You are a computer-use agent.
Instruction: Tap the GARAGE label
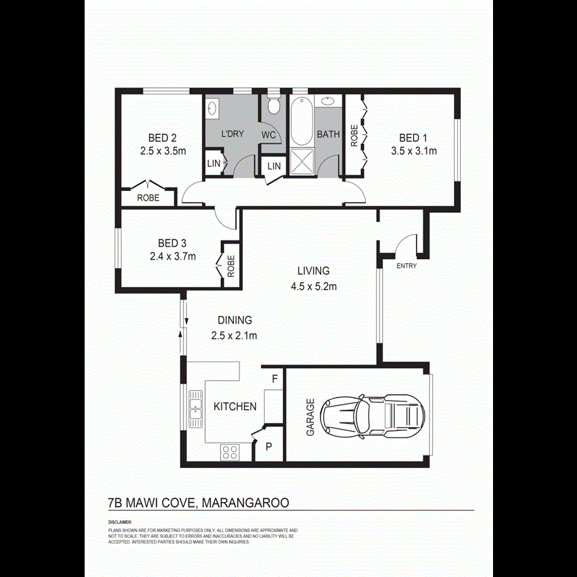[x=310, y=417]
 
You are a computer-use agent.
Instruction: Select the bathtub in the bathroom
[x=300, y=122]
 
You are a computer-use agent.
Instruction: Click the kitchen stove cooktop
[x=230, y=452]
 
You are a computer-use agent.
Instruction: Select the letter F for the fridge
[x=275, y=379]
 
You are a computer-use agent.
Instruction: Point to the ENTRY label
[x=406, y=265]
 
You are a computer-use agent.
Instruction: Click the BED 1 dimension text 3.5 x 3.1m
[x=414, y=151]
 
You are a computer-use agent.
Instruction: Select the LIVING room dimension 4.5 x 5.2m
[x=314, y=287]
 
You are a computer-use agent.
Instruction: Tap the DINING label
[x=234, y=321]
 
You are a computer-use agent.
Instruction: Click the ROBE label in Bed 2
[x=149, y=198]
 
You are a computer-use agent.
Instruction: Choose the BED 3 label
[x=172, y=243]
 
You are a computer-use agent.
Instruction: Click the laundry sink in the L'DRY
[x=212, y=110]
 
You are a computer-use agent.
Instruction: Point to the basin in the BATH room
[x=328, y=101]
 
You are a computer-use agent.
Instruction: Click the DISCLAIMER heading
[x=120, y=523]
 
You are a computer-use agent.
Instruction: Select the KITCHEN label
[x=235, y=406]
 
